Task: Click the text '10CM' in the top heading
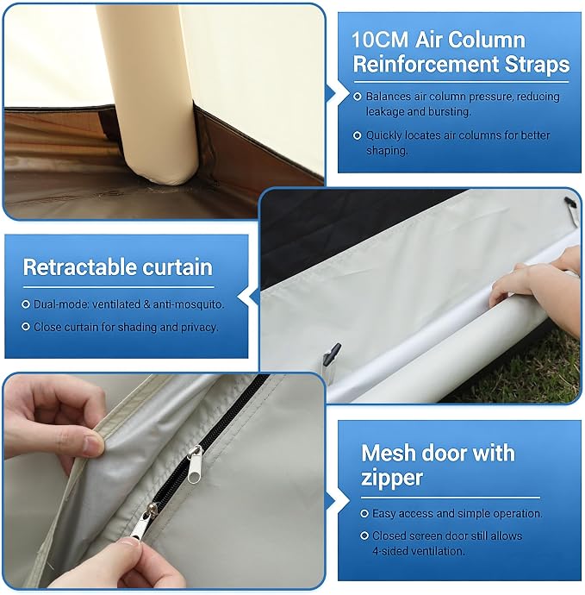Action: coord(380,40)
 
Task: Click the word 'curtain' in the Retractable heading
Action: coord(177,267)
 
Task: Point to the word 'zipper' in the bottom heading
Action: coord(392,478)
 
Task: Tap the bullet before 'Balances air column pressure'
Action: coord(358,97)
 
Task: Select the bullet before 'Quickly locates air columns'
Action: coord(358,135)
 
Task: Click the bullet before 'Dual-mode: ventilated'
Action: coord(26,304)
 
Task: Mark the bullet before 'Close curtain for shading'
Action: coord(26,327)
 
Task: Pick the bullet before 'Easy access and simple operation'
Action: coord(364,513)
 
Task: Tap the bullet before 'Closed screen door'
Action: coord(364,535)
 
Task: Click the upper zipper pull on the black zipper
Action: coord(195,464)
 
